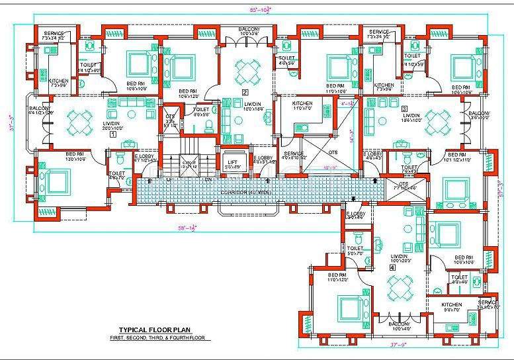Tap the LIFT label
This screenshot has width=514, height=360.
232,162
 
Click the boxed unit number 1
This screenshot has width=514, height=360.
112,132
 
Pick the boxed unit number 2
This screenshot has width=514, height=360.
245,92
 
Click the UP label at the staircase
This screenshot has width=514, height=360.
170,179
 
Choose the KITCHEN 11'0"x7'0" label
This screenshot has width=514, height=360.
302,106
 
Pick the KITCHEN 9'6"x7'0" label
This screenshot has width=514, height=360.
452,307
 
